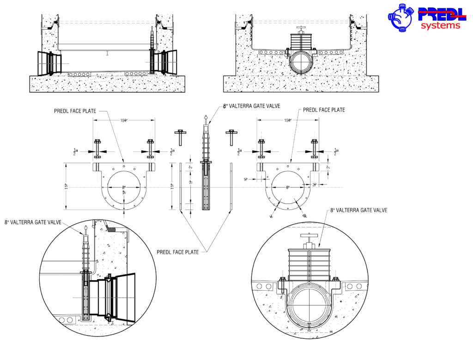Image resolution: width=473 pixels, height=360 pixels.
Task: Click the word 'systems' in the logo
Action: click(440, 25)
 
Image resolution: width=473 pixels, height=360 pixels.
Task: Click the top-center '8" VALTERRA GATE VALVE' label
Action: click(252, 106)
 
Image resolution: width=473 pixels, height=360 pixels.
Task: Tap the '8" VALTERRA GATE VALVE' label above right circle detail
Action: click(359, 210)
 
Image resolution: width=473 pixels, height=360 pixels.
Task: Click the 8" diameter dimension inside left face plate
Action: click(124, 187)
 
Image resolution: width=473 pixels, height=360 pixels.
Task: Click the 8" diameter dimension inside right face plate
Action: click(288, 187)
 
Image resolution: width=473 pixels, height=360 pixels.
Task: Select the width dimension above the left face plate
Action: click(124, 120)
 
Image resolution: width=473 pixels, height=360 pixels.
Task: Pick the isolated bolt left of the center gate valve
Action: click(180, 137)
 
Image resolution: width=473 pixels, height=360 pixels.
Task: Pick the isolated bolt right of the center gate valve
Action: click(231, 137)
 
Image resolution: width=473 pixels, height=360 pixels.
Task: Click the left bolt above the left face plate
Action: click(97, 148)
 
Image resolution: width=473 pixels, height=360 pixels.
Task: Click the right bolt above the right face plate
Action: click(315, 148)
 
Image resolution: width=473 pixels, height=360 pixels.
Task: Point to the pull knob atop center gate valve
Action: click(206, 118)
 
